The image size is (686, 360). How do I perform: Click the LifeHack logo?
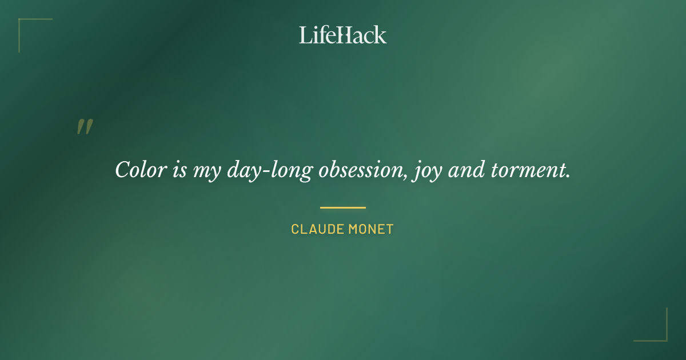pos(343,35)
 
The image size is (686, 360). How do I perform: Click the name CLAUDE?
pos(316,229)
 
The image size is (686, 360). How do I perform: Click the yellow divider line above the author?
pos(343,207)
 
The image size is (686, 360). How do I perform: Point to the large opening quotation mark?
pos(85,127)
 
